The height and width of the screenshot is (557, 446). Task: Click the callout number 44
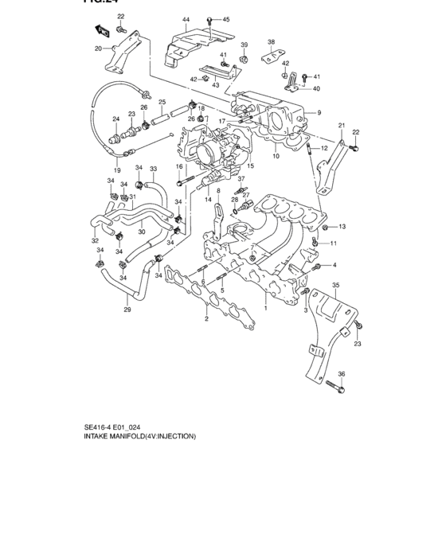pyautogui.click(x=186, y=19)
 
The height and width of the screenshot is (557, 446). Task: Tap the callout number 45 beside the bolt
pyautogui.click(x=225, y=19)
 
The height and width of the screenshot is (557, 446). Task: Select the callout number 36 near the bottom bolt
pyautogui.click(x=341, y=373)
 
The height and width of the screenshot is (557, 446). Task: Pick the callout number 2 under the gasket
pyautogui.click(x=205, y=319)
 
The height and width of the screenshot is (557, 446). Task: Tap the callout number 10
pyautogui.click(x=276, y=157)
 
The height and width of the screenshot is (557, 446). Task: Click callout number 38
pyautogui.click(x=271, y=41)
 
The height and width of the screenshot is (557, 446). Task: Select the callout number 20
pyautogui.click(x=99, y=49)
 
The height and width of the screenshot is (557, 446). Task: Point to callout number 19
pyautogui.click(x=117, y=170)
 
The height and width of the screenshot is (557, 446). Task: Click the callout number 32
pyautogui.click(x=95, y=241)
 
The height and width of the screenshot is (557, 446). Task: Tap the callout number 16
pyautogui.click(x=179, y=166)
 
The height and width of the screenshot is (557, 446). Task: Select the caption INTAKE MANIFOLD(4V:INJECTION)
pyautogui.click(x=139, y=436)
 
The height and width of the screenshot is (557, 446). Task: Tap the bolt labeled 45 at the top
pyautogui.click(x=209, y=19)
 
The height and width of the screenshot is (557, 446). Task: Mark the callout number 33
pyautogui.click(x=154, y=169)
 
